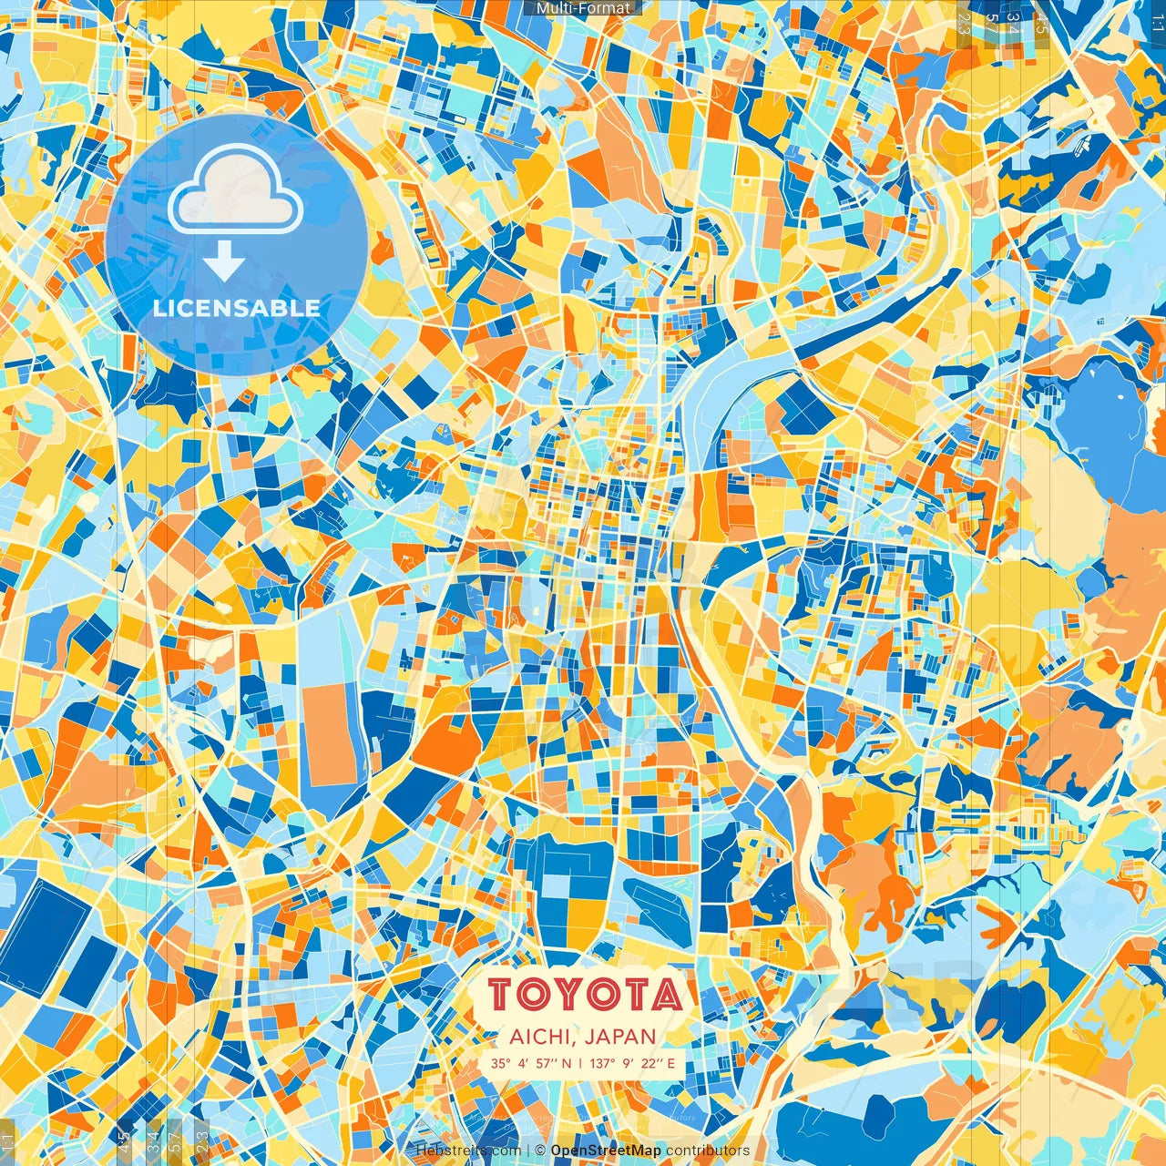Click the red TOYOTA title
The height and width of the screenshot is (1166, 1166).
coord(584,995)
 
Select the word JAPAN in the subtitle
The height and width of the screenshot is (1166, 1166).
coord(620,1037)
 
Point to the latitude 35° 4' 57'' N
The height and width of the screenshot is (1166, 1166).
coord(531,1063)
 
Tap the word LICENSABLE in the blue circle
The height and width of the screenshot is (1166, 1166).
coord(237,308)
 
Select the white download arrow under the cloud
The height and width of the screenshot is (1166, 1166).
coord(223,263)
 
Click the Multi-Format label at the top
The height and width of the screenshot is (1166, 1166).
coord(583,8)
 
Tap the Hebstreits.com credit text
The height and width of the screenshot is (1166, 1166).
coord(468,1151)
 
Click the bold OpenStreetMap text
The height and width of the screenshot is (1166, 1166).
coord(606,1151)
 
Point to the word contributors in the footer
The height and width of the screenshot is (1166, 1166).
coord(708,1151)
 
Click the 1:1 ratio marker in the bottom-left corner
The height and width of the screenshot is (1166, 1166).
coord(8,1140)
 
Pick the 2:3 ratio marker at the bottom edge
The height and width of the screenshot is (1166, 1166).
coord(202,1140)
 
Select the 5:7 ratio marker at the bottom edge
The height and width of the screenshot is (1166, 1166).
coord(176,1140)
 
